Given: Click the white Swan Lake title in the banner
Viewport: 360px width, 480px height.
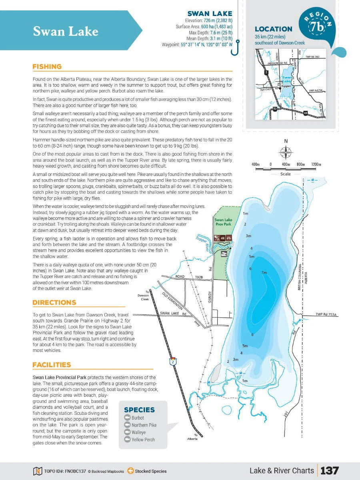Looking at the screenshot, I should click(x=66, y=31).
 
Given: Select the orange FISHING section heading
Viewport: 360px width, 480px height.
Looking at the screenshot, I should click(x=47, y=66).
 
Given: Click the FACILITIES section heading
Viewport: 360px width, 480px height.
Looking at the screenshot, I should click(x=52, y=364).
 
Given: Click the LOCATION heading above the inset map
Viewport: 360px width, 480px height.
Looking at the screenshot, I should click(x=274, y=29).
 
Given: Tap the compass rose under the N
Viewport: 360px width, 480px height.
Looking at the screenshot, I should click(x=286, y=152).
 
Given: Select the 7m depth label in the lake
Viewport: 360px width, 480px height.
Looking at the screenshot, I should click(x=264, y=272).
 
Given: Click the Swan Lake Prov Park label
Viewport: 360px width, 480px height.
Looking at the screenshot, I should click(x=223, y=222).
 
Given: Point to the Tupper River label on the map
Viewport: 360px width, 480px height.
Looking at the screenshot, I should click(x=201, y=243).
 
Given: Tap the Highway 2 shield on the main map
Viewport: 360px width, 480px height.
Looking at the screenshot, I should click(x=172, y=362).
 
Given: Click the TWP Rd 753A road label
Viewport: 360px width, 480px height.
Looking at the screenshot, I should click(x=326, y=315).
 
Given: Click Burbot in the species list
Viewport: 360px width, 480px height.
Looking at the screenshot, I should click(x=138, y=418).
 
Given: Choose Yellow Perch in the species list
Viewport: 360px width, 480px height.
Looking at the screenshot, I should click(x=143, y=440).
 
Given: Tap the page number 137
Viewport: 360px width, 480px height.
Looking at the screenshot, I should click(x=329, y=470).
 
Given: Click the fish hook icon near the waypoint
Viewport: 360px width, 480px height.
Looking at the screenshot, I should click(x=238, y=46).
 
